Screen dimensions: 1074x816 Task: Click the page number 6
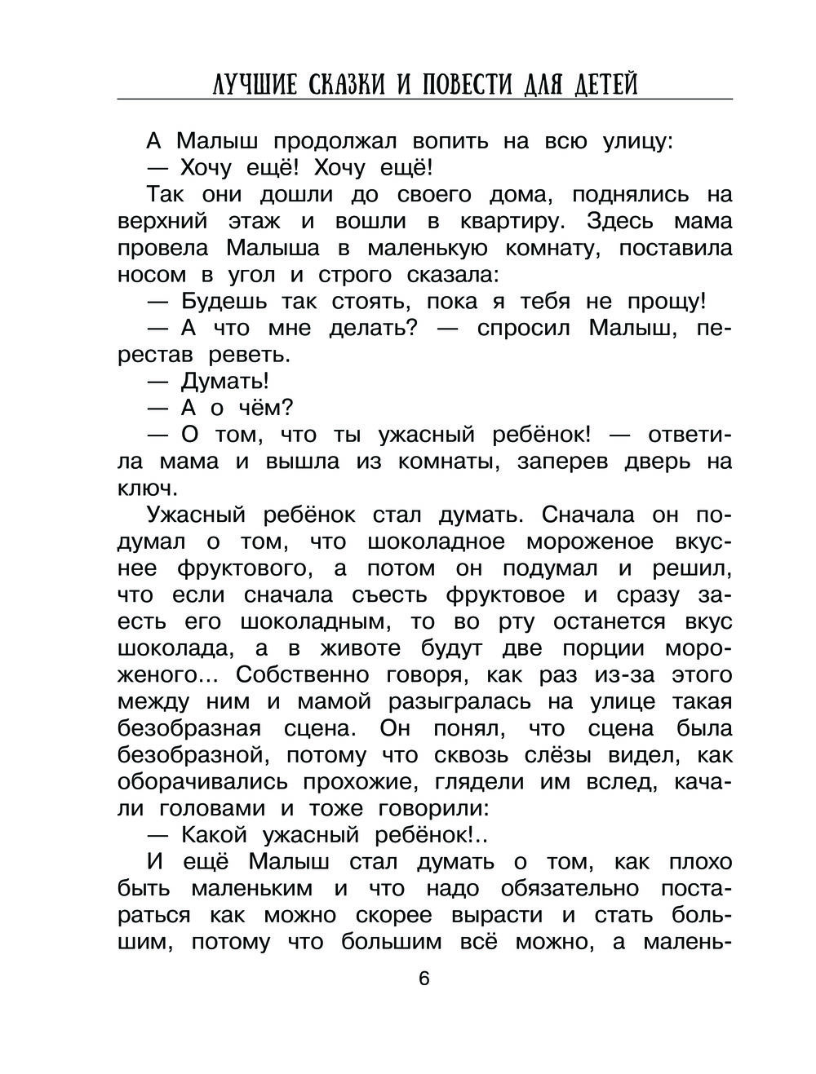click(424, 979)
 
